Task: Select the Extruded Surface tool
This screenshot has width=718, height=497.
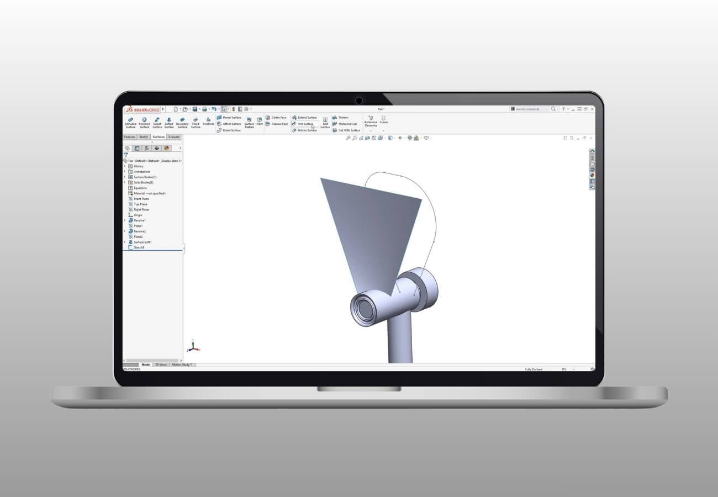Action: [x=130, y=122]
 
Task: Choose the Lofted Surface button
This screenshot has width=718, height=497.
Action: [x=169, y=122]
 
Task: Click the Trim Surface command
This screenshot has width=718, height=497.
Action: [x=305, y=124]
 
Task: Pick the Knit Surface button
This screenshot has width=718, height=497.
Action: [x=325, y=122]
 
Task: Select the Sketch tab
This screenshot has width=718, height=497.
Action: [x=144, y=136]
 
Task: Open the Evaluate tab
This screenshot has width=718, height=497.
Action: [x=173, y=136]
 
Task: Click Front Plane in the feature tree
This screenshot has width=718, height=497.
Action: [x=141, y=199]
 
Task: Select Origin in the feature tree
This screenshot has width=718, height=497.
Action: [x=138, y=215]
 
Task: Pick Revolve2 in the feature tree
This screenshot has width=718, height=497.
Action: [x=139, y=231]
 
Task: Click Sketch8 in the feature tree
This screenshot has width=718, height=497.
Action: [x=139, y=247]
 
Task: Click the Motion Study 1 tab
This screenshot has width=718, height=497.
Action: [x=182, y=364]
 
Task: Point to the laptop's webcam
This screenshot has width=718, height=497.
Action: [x=359, y=101]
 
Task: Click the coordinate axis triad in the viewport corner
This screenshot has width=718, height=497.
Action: [x=193, y=347]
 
